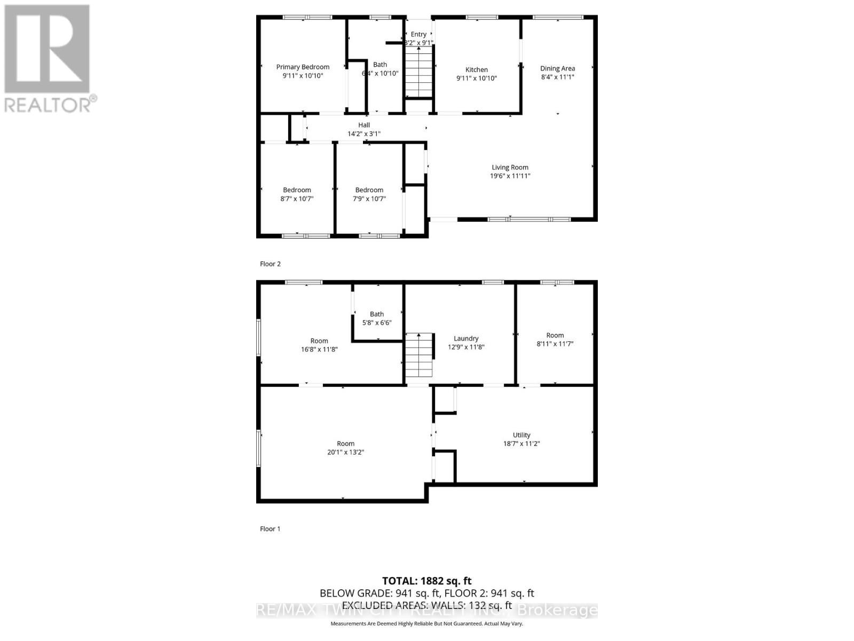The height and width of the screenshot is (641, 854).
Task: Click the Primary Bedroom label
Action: pyautogui.click(x=303, y=67)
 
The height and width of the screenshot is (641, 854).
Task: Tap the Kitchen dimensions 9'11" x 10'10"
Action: pyautogui.click(x=477, y=78)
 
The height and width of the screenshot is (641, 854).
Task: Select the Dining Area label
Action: pyautogui.click(x=557, y=68)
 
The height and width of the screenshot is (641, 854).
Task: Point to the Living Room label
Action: pyautogui.click(x=510, y=167)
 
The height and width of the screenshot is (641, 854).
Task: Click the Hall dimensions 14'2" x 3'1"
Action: pyautogui.click(x=364, y=134)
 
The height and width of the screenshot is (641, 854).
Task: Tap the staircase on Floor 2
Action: pyautogui.click(x=418, y=72)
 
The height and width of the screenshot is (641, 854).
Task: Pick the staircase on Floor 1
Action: pyautogui.click(x=419, y=355)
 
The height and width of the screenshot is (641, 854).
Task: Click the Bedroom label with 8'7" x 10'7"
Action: pyautogui.click(x=297, y=190)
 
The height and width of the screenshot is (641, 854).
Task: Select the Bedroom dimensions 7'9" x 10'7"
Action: pyautogui.click(x=369, y=199)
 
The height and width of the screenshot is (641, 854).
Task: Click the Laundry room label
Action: pyautogui.click(x=466, y=338)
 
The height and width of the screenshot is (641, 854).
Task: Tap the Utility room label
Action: pyautogui.click(x=521, y=435)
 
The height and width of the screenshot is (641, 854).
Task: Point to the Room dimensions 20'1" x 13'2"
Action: pyautogui.click(x=345, y=452)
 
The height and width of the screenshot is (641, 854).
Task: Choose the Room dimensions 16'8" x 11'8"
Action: pyautogui.click(x=319, y=349)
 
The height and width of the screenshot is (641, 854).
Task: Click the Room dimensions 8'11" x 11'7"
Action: pyautogui.click(x=555, y=344)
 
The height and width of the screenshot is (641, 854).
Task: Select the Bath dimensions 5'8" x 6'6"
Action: pyautogui.click(x=377, y=323)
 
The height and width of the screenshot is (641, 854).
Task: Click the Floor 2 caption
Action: pyautogui.click(x=270, y=264)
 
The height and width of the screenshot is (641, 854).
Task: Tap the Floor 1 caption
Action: pyautogui.click(x=270, y=529)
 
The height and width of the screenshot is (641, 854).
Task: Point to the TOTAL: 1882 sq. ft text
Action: pyautogui.click(x=426, y=581)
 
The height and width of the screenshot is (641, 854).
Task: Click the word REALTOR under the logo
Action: pyautogui.click(x=48, y=104)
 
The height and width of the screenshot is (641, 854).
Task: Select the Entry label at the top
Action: pyautogui.click(x=418, y=34)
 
